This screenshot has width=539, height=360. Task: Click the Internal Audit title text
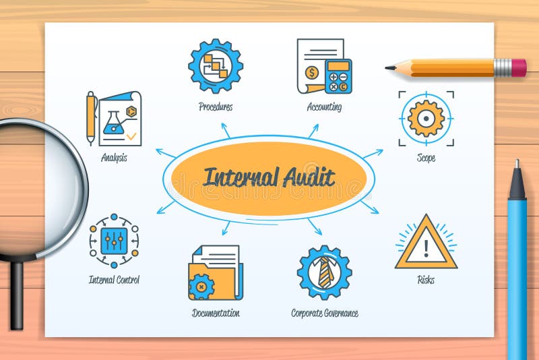click(269, 178)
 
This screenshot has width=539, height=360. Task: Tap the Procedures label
click(216, 107)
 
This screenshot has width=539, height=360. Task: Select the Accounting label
click(324, 107)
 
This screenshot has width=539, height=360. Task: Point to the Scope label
click(426, 158)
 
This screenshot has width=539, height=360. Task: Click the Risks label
click(426, 279)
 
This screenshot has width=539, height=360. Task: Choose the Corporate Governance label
click(324, 313)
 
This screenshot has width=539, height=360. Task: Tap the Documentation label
click(216, 313)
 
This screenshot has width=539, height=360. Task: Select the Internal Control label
click(114, 279)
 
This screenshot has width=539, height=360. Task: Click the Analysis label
click(114, 158)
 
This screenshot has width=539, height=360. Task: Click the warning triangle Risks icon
click(426, 244)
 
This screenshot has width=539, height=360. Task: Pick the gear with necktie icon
click(324, 272)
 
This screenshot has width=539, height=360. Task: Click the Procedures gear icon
click(216, 65)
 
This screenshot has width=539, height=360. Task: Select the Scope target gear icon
click(426, 119)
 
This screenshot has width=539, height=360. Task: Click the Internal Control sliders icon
click(114, 241)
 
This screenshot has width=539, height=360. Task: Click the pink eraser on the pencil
click(519, 67)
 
